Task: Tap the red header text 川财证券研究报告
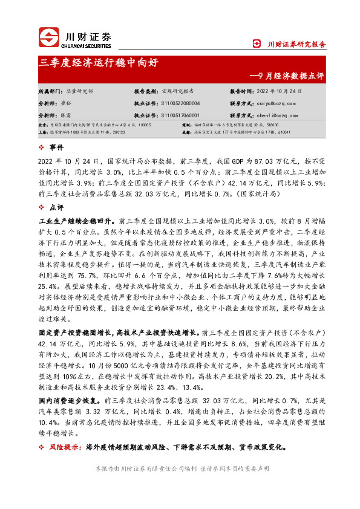click(296, 44)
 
